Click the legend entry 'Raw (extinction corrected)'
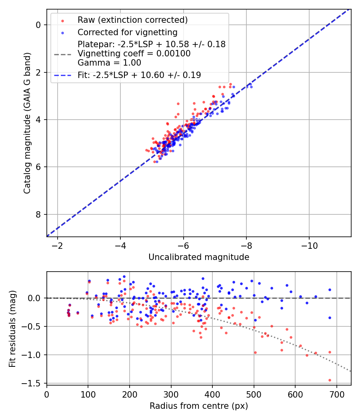(132, 20)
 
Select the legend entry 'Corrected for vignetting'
(127, 32)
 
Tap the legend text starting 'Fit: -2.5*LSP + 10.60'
(139, 75)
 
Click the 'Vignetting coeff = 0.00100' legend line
(134, 54)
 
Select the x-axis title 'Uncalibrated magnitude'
(199, 257)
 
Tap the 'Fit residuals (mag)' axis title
(12, 328)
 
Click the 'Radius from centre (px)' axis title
(199, 406)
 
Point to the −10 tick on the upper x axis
(309, 244)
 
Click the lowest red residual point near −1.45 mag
(330, 380)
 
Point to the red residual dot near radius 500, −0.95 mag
(255, 352)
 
